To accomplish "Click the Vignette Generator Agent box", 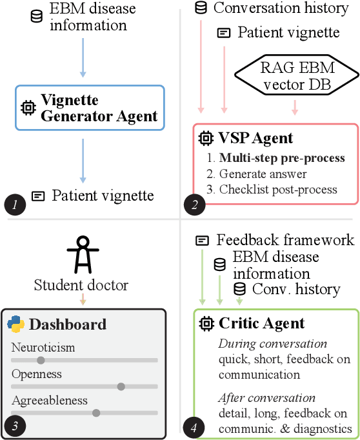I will (x=90, y=108).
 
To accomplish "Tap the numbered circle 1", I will (x=14, y=205).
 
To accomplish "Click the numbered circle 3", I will (x=15, y=425).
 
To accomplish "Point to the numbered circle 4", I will (x=192, y=426).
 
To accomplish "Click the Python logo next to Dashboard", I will (x=16, y=324).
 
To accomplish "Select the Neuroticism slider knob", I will (x=41, y=360).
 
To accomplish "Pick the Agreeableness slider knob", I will (x=96, y=413).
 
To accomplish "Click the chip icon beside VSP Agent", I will (x=206, y=137).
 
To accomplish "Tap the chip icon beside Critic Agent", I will (x=206, y=323).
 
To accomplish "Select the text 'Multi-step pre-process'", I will (x=282, y=157).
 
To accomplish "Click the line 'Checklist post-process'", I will (x=278, y=188).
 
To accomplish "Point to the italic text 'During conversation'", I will (x=272, y=344).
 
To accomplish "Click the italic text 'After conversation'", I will (x=266, y=397).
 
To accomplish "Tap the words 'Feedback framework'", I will (x=285, y=240).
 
